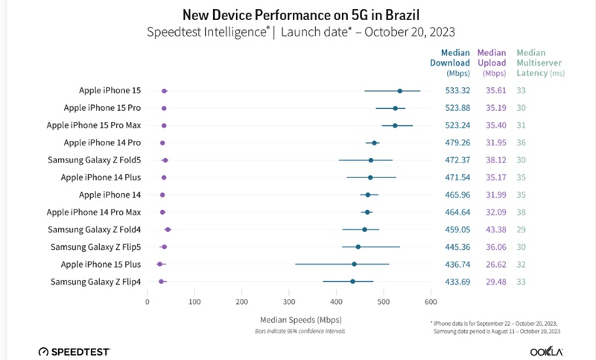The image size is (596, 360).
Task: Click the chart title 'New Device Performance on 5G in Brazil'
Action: click(x=298, y=14)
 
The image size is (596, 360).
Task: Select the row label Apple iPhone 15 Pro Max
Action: click(x=93, y=125)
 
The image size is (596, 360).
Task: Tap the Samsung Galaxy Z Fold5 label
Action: click(x=94, y=160)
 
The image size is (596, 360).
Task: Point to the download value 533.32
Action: click(x=457, y=91)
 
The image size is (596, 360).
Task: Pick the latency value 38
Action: click(x=521, y=212)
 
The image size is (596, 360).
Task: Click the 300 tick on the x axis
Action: click(x=289, y=302)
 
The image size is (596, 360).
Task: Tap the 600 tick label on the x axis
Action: click(x=431, y=302)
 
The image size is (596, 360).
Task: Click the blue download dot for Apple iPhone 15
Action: click(x=399, y=91)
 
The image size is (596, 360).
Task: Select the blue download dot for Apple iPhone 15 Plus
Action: click(x=354, y=264)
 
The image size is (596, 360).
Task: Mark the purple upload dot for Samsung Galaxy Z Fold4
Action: click(x=168, y=230)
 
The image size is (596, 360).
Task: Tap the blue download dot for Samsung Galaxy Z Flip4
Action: click(x=352, y=282)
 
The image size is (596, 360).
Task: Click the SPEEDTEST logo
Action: click(x=76, y=350)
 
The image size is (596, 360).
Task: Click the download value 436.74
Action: click(x=457, y=264)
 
